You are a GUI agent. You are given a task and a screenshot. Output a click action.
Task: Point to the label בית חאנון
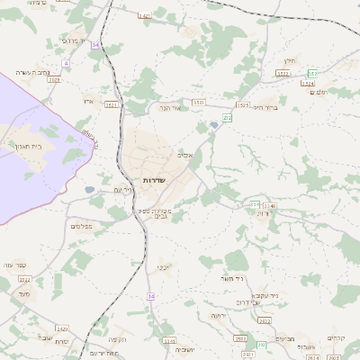26,145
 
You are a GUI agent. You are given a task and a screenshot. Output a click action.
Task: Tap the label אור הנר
170,108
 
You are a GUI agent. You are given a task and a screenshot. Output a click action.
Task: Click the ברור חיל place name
265,107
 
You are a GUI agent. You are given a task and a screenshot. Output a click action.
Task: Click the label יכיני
162,267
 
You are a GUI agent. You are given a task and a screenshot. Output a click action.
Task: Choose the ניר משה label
232,278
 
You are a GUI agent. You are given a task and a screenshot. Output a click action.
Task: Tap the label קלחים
337,337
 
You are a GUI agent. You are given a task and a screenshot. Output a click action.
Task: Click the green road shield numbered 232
228,117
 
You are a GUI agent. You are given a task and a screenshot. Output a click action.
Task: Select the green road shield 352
312,73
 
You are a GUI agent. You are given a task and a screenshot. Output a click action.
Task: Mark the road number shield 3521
112,104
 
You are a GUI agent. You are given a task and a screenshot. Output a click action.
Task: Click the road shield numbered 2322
24,280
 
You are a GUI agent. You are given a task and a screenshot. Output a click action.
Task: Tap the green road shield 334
255,205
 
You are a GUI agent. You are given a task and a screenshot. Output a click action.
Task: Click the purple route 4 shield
66,63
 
